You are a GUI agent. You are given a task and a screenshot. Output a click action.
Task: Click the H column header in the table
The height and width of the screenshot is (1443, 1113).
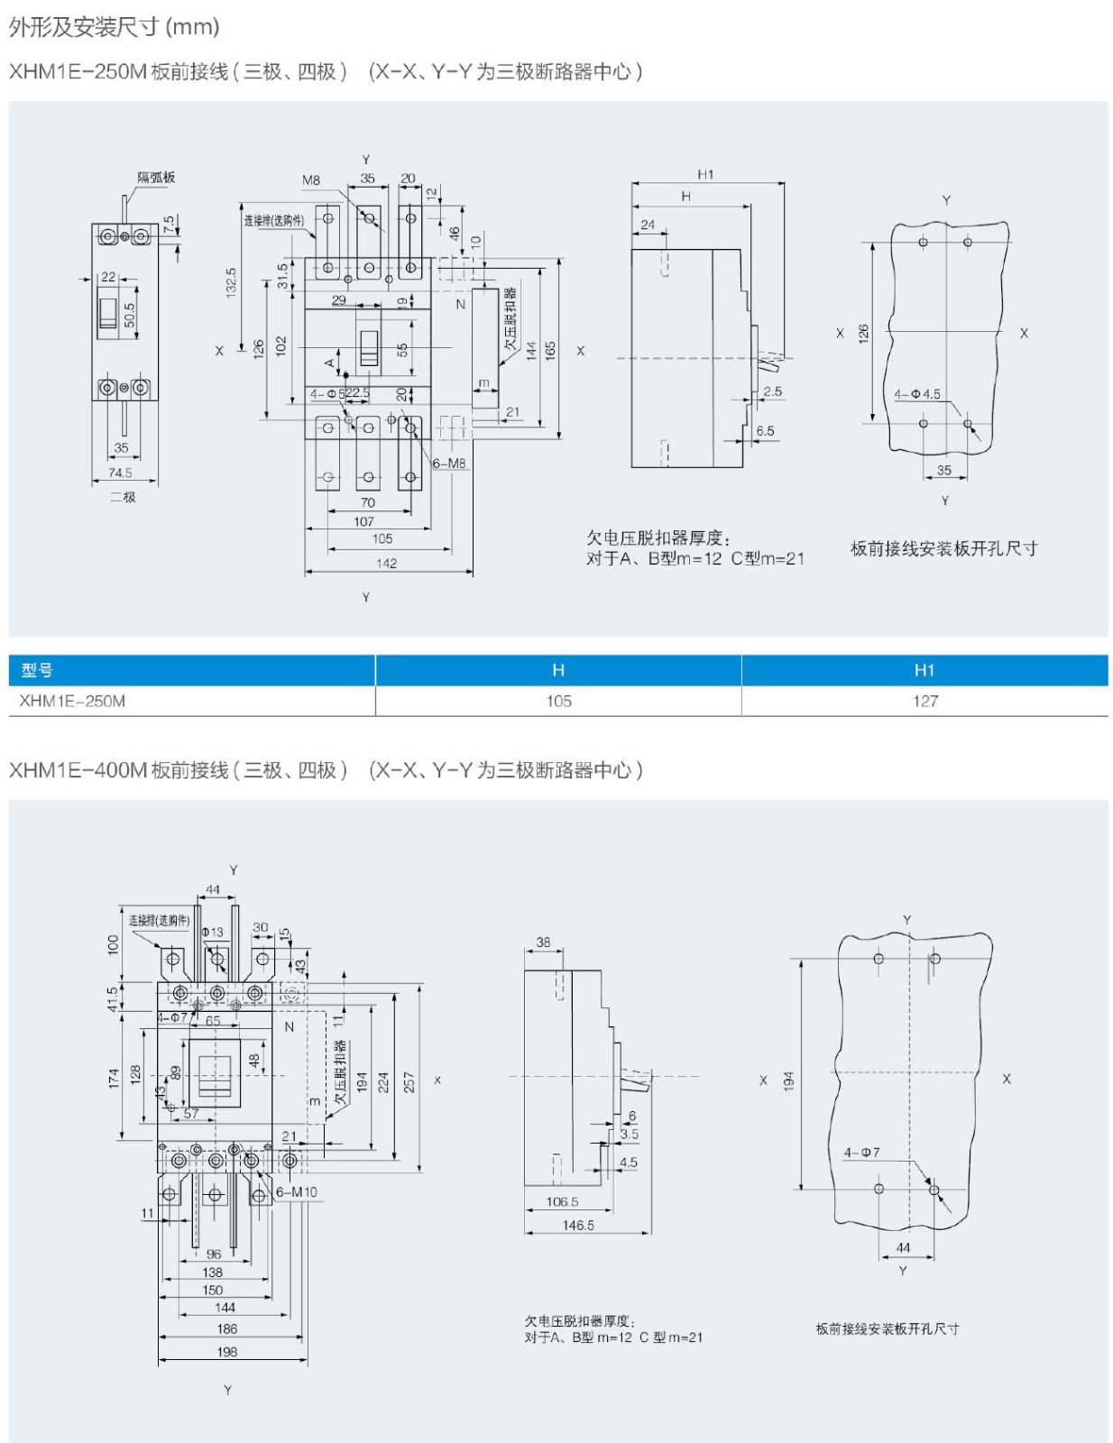pos(558,670)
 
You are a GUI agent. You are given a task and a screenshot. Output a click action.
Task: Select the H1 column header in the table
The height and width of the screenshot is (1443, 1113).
pos(924,670)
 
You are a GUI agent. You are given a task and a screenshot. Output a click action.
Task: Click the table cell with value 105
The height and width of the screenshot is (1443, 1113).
pos(558,701)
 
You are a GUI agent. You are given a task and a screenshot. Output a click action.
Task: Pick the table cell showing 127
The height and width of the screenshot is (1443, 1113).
pos(924,701)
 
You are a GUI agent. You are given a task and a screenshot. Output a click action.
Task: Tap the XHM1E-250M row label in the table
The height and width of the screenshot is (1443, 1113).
pos(72,701)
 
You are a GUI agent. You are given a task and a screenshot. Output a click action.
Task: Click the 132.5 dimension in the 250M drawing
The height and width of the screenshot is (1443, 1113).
pos(231,283)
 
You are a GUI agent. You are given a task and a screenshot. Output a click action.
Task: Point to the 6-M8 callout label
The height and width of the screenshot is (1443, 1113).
pos(449,464)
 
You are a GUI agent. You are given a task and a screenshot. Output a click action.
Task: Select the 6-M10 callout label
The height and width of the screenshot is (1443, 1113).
pos(297,1192)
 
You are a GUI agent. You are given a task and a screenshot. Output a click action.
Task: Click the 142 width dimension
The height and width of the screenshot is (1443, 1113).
pos(386,564)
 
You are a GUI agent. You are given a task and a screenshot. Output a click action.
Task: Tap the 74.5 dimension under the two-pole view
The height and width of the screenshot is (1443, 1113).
pos(120,473)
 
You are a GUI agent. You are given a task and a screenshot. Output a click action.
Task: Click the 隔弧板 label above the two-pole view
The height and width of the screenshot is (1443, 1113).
pos(156,178)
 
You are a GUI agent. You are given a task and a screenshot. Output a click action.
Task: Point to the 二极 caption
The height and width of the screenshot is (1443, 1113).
pos(123,497)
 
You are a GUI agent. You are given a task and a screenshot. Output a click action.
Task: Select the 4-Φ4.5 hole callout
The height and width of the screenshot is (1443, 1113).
pos(916,394)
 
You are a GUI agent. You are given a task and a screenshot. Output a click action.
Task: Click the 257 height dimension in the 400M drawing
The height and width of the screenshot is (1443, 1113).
pos(409,1081)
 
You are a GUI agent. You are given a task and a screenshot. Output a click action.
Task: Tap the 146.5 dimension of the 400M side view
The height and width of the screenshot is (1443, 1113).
pos(578,1226)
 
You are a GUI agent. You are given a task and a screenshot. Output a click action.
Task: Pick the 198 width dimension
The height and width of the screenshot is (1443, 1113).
pos(227,1352)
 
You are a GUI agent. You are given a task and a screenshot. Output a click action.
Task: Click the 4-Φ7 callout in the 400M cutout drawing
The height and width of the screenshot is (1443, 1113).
pos(861,1153)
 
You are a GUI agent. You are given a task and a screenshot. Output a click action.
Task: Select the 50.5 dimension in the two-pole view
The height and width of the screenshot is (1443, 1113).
pos(130,315)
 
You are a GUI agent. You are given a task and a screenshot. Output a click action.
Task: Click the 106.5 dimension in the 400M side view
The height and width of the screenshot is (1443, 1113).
pos(562,1202)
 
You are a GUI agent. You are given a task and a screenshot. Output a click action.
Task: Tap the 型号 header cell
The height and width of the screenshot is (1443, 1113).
pos(38,670)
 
